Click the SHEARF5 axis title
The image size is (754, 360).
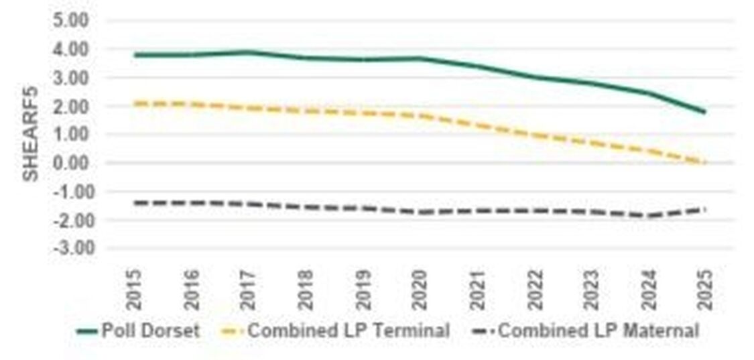pos(30,133)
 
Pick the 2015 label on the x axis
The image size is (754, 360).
pos(135,289)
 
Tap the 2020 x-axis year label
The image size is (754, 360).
pos(420,289)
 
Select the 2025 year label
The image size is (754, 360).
pos(704,289)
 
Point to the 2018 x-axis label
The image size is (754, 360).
pos(306,289)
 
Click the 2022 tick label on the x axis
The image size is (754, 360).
pos(534,289)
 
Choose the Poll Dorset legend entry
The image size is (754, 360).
pos(150,331)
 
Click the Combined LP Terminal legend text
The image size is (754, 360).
pos(349,331)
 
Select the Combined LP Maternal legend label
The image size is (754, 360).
pos(599,331)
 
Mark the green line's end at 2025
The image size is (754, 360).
pos(704,112)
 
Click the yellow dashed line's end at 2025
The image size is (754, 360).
pos(704,162)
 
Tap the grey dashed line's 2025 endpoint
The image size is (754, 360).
pos(704,209)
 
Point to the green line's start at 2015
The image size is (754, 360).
pos(135,55)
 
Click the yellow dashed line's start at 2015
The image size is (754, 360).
pos(135,103)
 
